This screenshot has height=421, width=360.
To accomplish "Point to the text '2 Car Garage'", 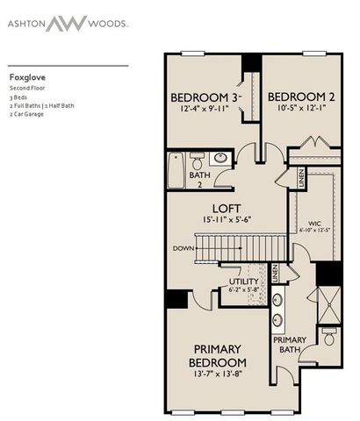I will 27,114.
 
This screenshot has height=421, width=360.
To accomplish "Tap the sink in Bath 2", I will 219,159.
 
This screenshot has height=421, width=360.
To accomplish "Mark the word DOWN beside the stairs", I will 183,248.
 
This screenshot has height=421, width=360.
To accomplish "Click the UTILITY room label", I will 245,281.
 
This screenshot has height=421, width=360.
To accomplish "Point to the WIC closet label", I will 313,223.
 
